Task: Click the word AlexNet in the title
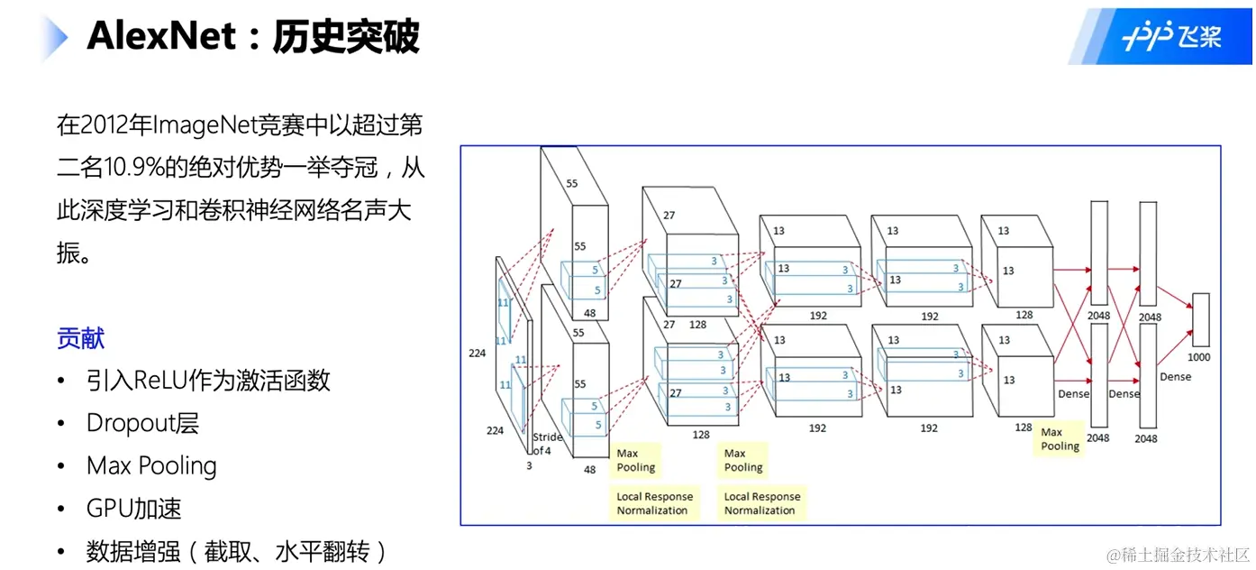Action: [161, 38]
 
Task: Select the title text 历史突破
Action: [346, 38]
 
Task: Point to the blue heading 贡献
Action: [81, 338]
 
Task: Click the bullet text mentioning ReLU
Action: [208, 380]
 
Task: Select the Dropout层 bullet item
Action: [142, 423]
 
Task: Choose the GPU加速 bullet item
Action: [134, 508]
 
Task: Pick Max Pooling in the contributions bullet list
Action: [151, 465]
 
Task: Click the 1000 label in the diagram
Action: [1199, 357]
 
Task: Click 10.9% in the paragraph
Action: [123, 168]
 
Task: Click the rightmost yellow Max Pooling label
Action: [1060, 439]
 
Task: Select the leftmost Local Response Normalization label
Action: [654, 503]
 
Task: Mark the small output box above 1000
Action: [1200, 319]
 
